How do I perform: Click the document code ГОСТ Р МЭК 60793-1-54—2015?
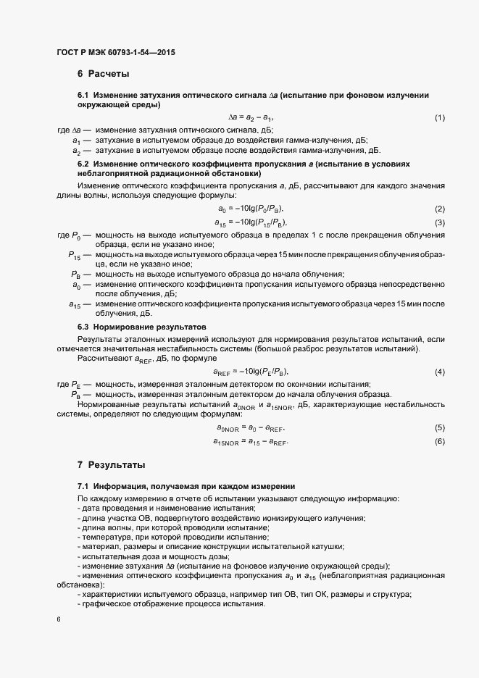(115, 53)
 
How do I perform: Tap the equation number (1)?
(439, 117)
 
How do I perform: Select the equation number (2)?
(439, 209)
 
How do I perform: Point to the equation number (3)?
(439, 222)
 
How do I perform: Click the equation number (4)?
(439, 372)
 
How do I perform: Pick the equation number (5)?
(439, 428)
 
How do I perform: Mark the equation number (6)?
(439, 441)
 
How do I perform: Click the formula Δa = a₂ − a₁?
(251, 117)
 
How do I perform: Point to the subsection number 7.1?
(83, 485)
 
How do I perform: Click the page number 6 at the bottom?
(58, 620)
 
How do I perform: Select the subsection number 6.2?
(83, 164)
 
